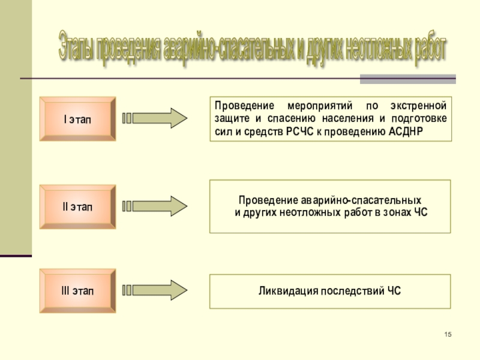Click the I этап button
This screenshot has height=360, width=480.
pyautogui.click(x=77, y=119)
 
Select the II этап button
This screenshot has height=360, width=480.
pyautogui.click(x=77, y=207)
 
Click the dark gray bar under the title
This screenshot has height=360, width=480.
pyautogui.click(x=407, y=79)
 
